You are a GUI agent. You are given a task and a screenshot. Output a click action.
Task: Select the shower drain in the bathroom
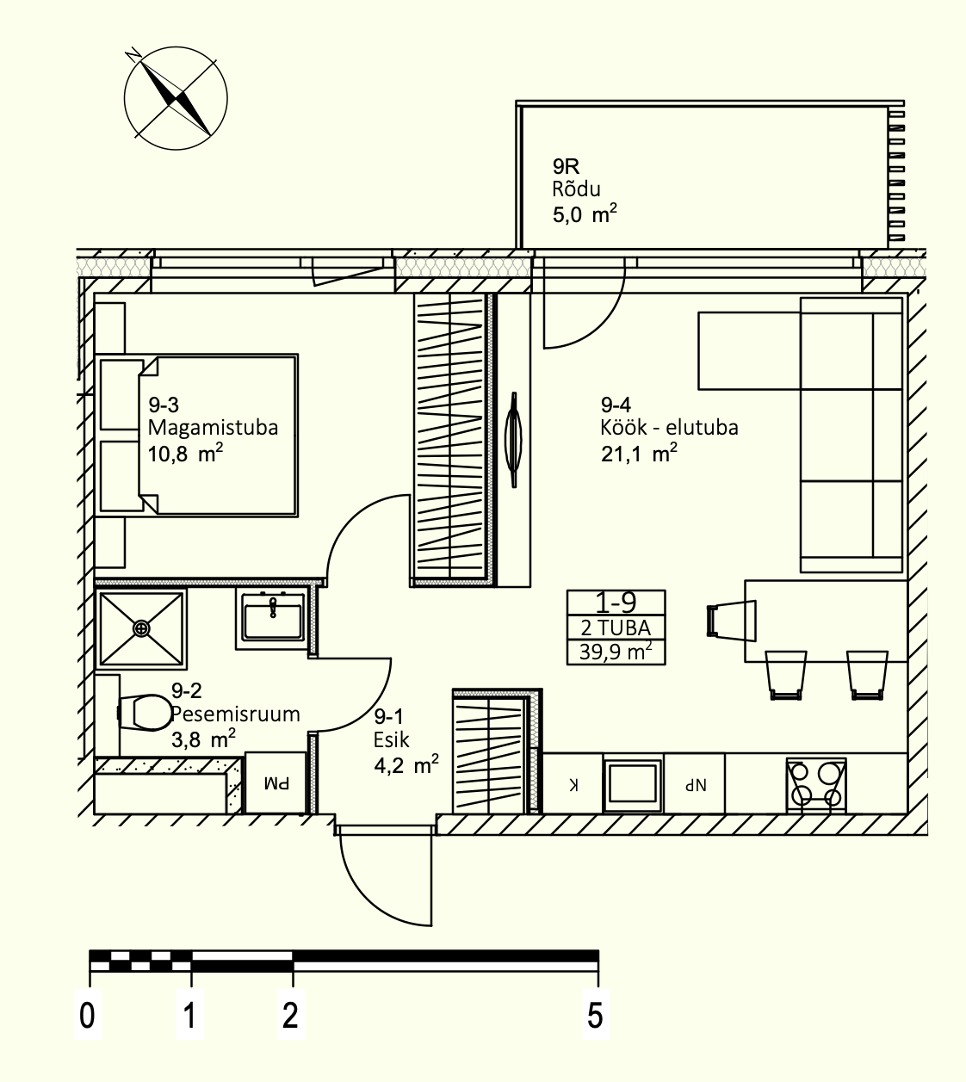(x=141, y=629)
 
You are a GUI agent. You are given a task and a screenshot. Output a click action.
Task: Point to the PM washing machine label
(x=277, y=783)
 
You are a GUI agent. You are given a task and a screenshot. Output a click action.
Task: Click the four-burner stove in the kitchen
(x=816, y=784)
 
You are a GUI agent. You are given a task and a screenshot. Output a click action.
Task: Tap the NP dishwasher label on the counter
(x=695, y=785)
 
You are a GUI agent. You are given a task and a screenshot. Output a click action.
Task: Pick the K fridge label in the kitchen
(x=573, y=785)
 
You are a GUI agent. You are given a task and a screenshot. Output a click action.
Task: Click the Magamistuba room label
(x=214, y=428)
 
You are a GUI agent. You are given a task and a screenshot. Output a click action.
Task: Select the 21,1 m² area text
(x=639, y=454)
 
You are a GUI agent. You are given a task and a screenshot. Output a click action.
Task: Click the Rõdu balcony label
(x=577, y=189)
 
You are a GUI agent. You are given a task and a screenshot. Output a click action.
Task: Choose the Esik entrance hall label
(x=392, y=739)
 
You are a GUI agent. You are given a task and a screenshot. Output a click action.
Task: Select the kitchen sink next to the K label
(x=633, y=784)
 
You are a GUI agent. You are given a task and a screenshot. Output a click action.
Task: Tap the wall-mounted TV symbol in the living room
(x=513, y=440)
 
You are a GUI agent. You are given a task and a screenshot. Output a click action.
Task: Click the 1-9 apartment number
(x=616, y=603)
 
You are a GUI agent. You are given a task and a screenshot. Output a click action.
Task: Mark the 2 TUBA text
(x=616, y=628)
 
